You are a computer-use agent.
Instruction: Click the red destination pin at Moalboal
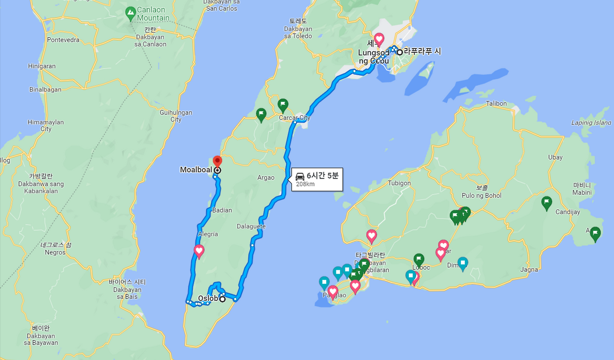pyautogui.click(x=217, y=161)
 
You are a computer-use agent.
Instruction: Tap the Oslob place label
pyautogui.click(x=208, y=299)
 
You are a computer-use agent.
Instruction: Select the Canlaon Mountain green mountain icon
pyautogui.click(x=130, y=13)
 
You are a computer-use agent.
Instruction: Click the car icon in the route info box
pyautogui.click(x=300, y=176)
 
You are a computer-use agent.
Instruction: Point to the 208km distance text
pyautogui.click(x=305, y=184)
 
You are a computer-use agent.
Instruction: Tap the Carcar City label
pyautogui.click(x=295, y=118)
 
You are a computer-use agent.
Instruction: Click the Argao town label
pyautogui.click(x=266, y=178)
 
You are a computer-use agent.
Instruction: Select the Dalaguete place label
pyautogui.click(x=251, y=226)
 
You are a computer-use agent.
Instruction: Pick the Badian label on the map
pyautogui.click(x=222, y=210)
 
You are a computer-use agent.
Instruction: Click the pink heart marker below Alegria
pyautogui.click(x=199, y=251)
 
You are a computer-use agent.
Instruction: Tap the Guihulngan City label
pyautogui.click(x=176, y=116)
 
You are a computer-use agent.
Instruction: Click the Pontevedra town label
pyautogui.click(x=63, y=40)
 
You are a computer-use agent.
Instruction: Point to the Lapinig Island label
pyautogui.click(x=591, y=123)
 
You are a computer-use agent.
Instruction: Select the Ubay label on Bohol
pyautogui.click(x=555, y=157)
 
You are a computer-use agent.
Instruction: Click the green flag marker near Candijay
pyautogui.click(x=546, y=203)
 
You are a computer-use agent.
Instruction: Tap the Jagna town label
pyautogui.click(x=529, y=270)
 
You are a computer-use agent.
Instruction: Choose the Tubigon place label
pyautogui.click(x=399, y=183)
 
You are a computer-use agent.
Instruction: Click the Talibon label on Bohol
pyautogui.click(x=496, y=103)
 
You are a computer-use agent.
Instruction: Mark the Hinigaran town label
pyautogui.click(x=42, y=66)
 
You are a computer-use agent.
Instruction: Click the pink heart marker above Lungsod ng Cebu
pyautogui.click(x=379, y=39)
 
